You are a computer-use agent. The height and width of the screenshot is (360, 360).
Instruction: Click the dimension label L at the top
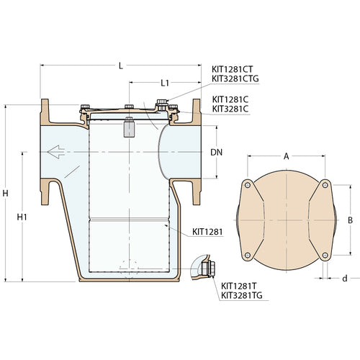coord(120,66)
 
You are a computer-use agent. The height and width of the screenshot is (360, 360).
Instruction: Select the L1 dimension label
coord(165,84)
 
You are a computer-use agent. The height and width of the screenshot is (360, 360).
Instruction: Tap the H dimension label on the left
coord(6,193)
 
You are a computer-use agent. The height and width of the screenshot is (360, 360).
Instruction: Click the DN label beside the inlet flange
coord(215,153)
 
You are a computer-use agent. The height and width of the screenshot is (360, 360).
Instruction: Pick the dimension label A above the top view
coord(286,156)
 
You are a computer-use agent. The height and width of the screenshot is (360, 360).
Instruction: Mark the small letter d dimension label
coord(345,277)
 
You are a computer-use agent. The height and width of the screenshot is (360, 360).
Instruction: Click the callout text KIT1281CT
coord(232,68)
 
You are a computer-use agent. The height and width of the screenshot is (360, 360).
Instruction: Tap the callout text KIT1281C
coord(230,99)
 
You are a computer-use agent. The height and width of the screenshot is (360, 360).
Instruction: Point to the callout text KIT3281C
coord(230,109)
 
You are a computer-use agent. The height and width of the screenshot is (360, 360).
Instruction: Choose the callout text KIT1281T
coord(240,285)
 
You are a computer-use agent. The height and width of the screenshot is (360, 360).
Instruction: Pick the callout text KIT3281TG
coord(242,295)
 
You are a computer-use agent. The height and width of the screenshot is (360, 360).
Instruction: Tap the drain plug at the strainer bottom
coord(205,267)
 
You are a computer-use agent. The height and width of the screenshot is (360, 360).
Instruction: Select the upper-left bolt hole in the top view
coord(248,186)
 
